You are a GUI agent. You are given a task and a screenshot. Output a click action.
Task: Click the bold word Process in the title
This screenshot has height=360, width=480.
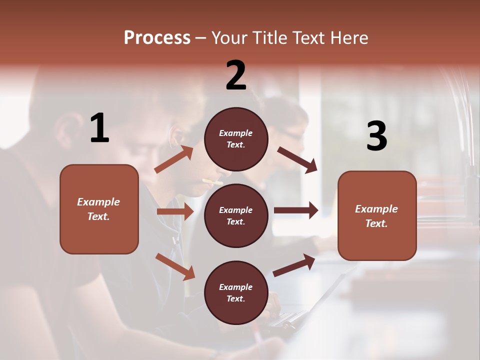(x=157, y=38)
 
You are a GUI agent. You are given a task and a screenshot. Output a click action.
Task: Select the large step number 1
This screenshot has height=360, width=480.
(x=99, y=128)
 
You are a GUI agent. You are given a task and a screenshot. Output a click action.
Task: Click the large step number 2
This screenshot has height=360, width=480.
(x=236, y=75)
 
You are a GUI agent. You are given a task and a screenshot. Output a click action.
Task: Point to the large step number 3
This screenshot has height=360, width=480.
(x=376, y=136)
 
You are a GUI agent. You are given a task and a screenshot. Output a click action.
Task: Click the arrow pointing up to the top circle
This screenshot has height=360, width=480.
(x=174, y=159)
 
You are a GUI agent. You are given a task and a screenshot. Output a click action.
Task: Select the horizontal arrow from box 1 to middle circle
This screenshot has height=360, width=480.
(x=175, y=211)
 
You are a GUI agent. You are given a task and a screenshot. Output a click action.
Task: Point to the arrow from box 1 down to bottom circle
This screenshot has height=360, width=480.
(x=175, y=266)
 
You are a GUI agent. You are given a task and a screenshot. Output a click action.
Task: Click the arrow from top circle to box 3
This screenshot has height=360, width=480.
(x=297, y=159)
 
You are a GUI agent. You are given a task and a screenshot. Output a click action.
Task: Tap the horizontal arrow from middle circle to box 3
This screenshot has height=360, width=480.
(x=296, y=210)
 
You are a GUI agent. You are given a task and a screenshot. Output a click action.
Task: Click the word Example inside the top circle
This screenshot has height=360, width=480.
(x=236, y=133)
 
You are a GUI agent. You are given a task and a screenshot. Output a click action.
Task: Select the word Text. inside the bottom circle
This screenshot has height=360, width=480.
(x=236, y=298)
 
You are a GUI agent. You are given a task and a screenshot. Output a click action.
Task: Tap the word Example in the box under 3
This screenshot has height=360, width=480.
(x=376, y=209)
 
